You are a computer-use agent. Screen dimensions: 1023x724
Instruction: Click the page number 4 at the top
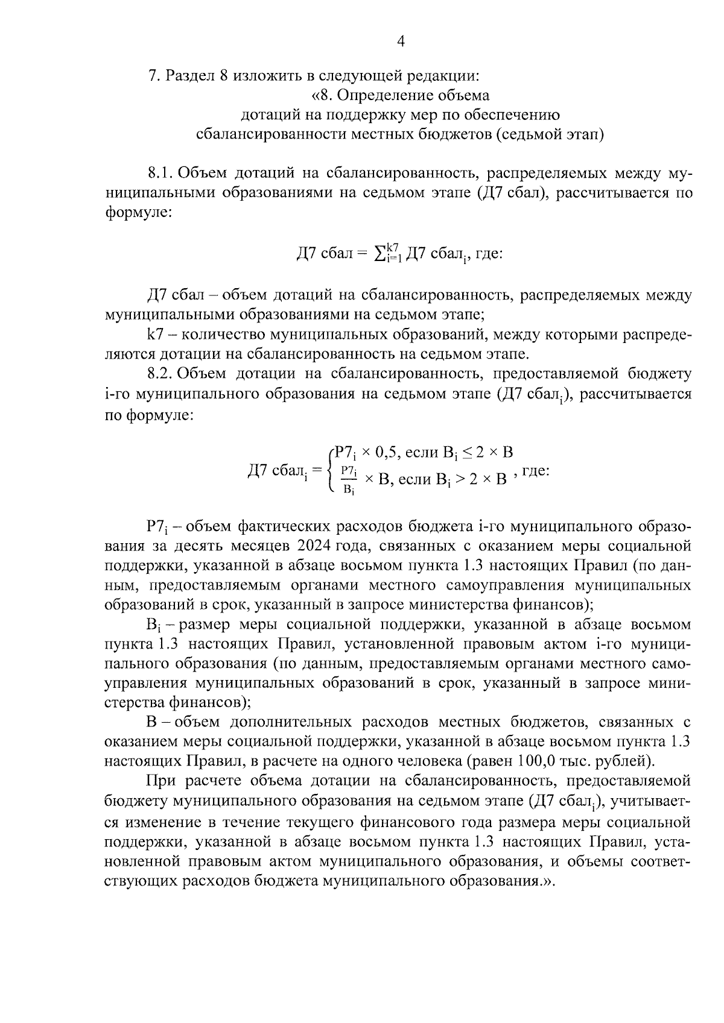[x=399, y=40]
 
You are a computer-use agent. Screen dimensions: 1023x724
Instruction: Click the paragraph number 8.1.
[x=160, y=174]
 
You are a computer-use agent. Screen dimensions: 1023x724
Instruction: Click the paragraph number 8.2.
[x=160, y=374]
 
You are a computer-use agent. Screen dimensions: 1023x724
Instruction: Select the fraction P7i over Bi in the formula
[x=349, y=479]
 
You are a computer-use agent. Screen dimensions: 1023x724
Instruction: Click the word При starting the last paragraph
[x=162, y=781]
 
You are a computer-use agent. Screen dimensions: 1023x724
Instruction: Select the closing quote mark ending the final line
[x=548, y=881]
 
